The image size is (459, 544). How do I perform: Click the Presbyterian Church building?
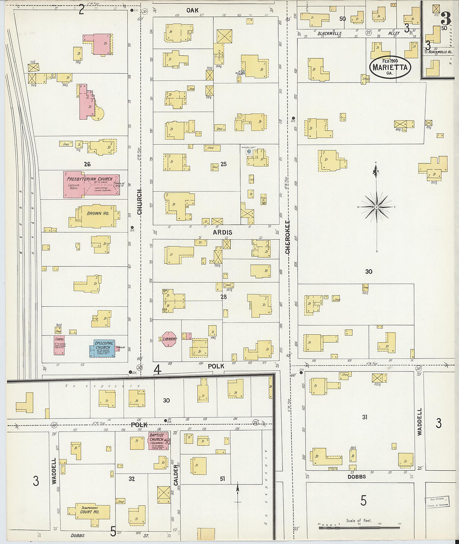(91, 184)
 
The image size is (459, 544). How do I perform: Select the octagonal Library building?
(169, 339)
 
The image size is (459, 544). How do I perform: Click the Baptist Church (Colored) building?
(158, 441)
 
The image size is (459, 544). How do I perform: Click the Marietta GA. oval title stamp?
(390, 67)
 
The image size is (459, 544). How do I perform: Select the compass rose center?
(377, 207)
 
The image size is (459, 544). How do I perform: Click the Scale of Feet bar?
(359, 528)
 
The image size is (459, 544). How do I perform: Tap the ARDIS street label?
(222, 232)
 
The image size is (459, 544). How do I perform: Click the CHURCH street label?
(140, 202)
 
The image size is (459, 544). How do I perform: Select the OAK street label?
(192, 10)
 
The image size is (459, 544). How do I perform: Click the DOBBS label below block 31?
(356, 476)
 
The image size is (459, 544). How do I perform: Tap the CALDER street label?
(176, 475)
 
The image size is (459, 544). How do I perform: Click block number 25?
(223, 164)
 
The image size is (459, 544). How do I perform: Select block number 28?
(223, 296)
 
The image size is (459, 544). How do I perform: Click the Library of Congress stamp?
(437, 501)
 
